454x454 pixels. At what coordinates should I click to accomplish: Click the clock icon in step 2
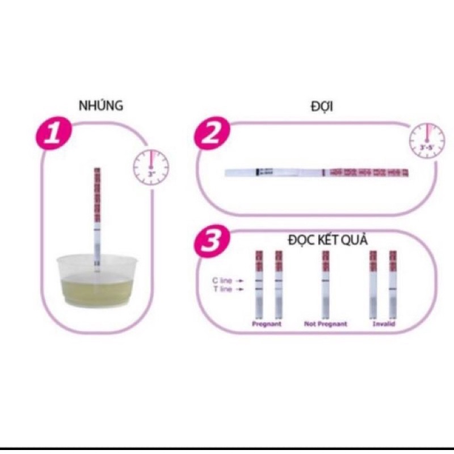(427, 138)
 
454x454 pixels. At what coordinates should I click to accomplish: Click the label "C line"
(219, 280)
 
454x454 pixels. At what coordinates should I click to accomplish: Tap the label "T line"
(219, 290)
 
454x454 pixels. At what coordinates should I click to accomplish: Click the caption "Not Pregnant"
(325, 324)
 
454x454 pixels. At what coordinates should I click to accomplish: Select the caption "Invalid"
(383, 324)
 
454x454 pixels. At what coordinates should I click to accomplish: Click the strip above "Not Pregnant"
(326, 284)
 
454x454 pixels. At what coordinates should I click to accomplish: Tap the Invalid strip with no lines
(373, 284)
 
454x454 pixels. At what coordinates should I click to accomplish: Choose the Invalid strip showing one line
(393, 284)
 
